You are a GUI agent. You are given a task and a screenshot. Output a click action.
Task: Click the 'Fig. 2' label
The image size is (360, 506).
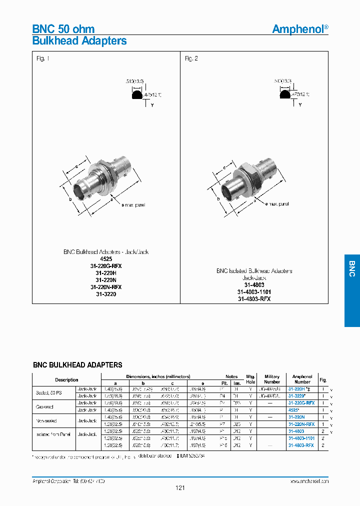click(191, 58)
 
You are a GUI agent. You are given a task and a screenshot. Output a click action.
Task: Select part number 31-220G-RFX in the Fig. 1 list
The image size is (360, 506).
click(106, 266)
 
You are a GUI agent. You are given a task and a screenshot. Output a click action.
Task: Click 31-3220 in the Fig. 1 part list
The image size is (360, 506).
click(106, 294)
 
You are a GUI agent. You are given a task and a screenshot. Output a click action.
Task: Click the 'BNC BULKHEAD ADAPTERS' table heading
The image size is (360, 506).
click(77, 365)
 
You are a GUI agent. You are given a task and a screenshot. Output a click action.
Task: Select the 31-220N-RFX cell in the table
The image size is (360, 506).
click(301, 423)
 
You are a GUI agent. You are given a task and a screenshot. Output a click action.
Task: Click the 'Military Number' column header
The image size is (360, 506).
click(272, 379)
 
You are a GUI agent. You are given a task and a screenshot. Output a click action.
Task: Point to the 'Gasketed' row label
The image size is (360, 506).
click(44, 406)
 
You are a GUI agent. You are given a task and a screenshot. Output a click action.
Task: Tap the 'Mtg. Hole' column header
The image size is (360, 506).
click(250, 379)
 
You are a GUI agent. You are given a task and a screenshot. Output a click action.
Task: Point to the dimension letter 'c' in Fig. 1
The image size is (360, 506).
click(76, 166)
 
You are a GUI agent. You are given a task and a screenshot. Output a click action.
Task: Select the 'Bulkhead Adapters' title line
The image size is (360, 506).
click(79, 41)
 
